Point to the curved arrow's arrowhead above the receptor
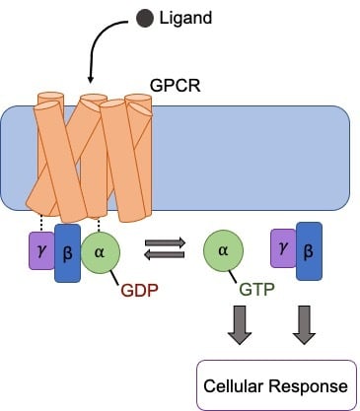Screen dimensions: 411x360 tap(91, 78)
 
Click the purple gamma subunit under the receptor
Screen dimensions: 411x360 tap(40, 251)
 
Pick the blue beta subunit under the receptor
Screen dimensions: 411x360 tap(67, 252)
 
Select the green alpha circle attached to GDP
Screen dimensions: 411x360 tap(99, 251)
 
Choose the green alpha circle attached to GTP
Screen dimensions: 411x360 tap(224, 251)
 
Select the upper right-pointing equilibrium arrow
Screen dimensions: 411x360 tap(164, 241)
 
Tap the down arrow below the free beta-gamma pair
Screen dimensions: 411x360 tap(304, 326)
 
